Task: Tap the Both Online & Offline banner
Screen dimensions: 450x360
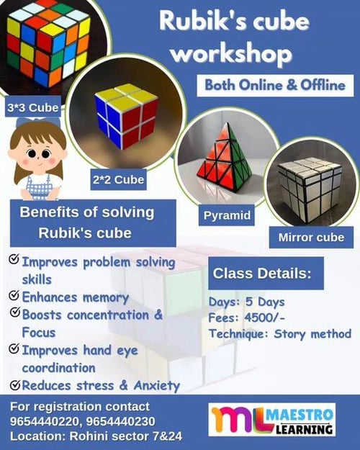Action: [275, 84]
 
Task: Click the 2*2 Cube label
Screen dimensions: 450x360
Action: [119, 178]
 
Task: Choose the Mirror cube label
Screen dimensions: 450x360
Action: [310, 236]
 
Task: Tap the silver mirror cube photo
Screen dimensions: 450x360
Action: [310, 189]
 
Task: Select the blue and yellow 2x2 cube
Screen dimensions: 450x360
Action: [126, 116]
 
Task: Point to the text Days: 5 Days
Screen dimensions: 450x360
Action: [246, 302]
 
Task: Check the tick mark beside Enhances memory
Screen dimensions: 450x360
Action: [13, 296]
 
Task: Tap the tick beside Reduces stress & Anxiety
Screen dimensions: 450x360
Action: [13, 384]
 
